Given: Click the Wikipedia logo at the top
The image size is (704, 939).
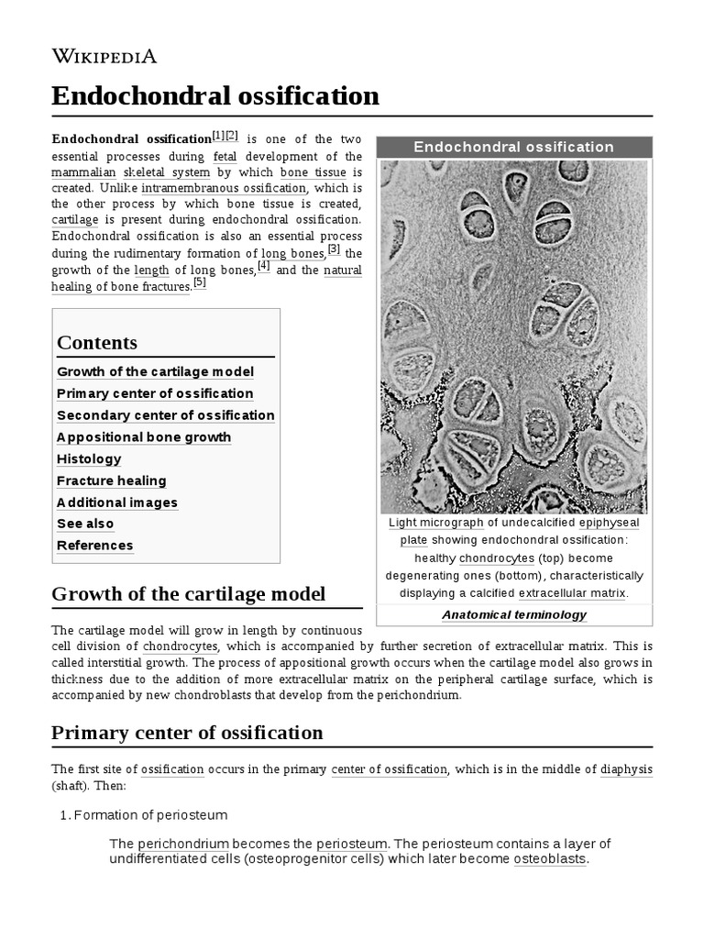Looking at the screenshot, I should coord(104,57).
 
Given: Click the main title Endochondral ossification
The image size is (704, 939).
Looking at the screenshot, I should coord(214,95).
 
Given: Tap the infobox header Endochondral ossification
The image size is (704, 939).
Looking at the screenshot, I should coord(513,147).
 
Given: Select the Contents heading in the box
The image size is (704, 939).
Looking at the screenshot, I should coord(97,343).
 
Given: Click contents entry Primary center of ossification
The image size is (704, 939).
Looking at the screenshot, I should coord(155,393).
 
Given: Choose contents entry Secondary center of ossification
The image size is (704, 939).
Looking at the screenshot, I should coord(165,415).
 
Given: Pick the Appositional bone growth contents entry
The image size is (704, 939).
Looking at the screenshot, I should coord(144,437).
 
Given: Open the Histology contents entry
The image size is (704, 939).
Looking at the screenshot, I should coord(89,458).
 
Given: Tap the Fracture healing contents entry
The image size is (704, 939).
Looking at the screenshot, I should coord(112,481).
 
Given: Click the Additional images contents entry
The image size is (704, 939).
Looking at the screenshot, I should coord(117,503).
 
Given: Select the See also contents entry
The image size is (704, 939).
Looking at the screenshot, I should coord(85,524).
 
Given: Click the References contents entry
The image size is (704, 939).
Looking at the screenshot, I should coord(95,546).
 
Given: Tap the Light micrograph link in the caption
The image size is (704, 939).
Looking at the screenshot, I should coord(435,523).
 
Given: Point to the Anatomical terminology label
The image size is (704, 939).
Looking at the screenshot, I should coord(513,615).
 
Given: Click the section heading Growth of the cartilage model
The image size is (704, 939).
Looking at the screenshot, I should coord(188,593).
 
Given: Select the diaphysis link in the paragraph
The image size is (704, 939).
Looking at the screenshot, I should coord(626,769).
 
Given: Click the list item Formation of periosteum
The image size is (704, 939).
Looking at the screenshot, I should coord(150,815).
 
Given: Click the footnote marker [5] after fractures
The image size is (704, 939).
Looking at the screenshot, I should coord(200,283).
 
